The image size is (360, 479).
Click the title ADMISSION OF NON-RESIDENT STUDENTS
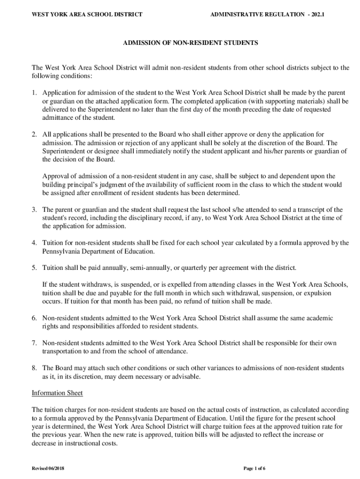pos(190,43)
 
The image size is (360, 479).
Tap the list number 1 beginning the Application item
pos(34,93)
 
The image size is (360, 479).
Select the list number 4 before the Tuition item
pos(34,243)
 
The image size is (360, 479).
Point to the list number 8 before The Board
pos(34,368)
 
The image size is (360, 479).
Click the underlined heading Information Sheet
pos(57,393)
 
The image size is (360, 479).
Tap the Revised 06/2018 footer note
pos(49,468)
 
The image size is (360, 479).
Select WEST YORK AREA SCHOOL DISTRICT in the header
pos(86,15)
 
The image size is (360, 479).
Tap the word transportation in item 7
pos(62,351)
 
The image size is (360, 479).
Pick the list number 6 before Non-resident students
pos(34,318)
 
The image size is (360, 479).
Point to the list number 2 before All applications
pos(34,134)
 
